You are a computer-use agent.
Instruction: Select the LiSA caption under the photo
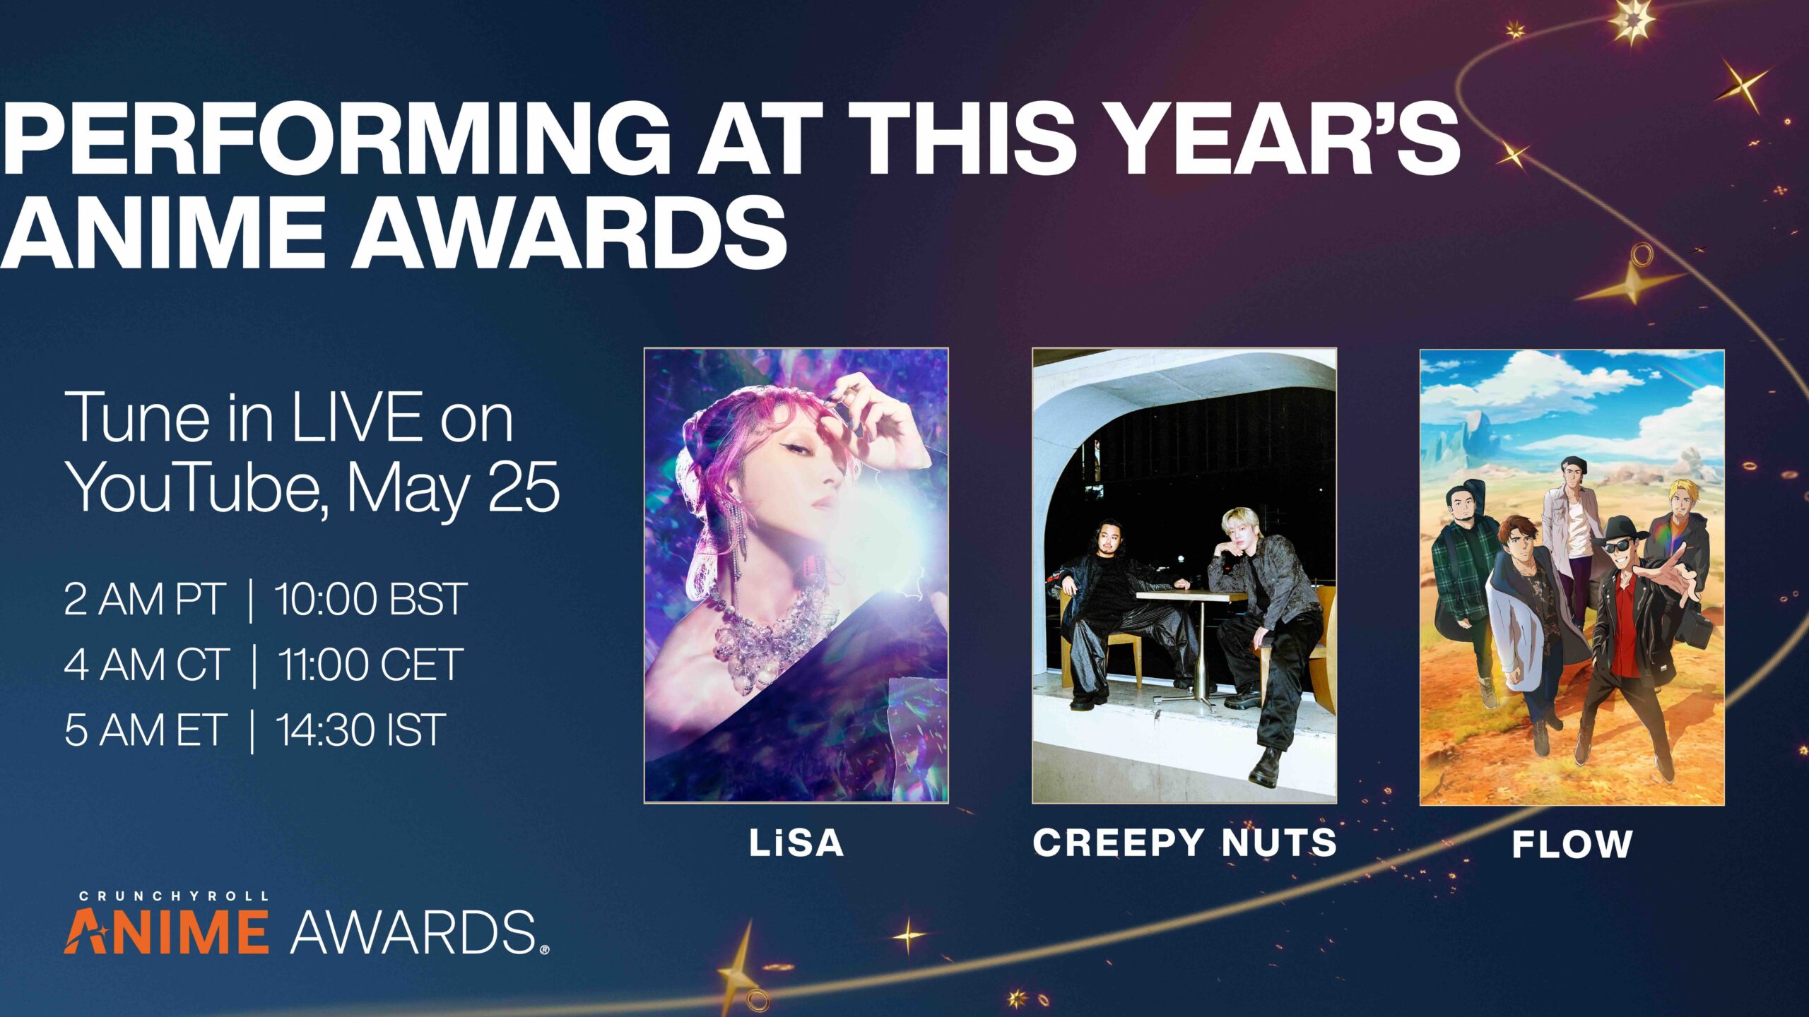click(796, 843)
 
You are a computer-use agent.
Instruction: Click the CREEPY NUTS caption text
click(1185, 843)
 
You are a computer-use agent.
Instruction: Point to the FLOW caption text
click(1572, 844)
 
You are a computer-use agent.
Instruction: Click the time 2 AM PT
click(144, 600)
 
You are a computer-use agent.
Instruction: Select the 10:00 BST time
click(370, 600)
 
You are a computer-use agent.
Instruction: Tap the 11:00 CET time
click(370, 665)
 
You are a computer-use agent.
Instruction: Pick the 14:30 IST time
click(360, 730)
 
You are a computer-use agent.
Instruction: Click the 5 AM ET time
click(145, 730)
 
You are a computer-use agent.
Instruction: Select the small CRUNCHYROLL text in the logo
click(173, 896)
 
